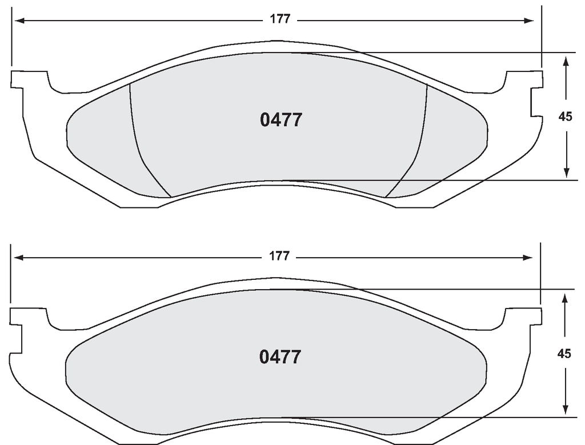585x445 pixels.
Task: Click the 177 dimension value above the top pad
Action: point(280,19)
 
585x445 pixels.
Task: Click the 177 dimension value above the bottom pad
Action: point(279,256)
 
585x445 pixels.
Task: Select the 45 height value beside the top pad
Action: point(565,117)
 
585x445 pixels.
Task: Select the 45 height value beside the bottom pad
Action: point(564,354)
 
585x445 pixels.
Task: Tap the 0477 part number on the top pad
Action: point(281,120)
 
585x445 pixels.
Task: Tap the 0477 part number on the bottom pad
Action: point(280,357)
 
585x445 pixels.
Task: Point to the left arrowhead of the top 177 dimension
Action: point(19,21)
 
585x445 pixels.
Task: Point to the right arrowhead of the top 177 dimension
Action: point(528,21)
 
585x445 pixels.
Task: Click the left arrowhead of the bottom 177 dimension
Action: point(19,258)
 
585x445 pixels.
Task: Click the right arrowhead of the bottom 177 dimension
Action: point(527,258)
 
